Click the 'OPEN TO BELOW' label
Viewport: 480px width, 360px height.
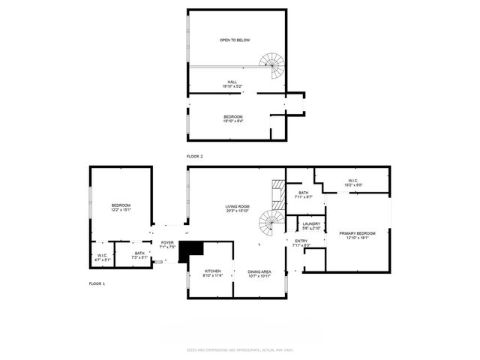click(x=234, y=40)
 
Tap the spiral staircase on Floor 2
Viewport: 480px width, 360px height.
click(x=271, y=67)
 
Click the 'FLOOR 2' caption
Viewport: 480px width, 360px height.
click(x=195, y=156)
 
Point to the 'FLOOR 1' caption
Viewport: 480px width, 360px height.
click(x=97, y=284)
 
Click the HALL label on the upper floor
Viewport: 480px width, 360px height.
click(x=234, y=82)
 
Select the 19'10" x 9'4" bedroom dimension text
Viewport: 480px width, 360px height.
click(x=234, y=121)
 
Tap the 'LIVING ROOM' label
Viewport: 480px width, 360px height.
click(x=237, y=206)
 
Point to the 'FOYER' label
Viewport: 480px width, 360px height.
click(x=168, y=242)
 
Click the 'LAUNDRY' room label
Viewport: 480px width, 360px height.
click(x=311, y=223)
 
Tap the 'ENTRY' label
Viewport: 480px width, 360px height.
click(x=300, y=241)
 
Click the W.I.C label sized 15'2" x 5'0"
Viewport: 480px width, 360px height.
click(x=352, y=180)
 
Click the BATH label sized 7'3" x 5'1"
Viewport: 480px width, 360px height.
click(x=139, y=253)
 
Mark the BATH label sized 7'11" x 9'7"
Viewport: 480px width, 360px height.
click(x=303, y=193)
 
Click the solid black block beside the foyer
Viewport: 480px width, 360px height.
click(x=193, y=250)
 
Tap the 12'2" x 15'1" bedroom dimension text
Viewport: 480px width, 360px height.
click(x=121, y=210)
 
